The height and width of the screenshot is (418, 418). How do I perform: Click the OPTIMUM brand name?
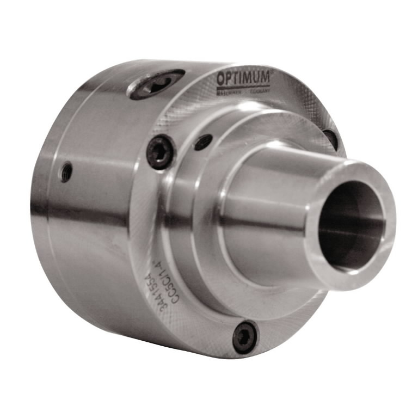click(x=243, y=78)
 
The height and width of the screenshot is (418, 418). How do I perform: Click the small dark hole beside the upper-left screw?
click(x=203, y=142)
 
